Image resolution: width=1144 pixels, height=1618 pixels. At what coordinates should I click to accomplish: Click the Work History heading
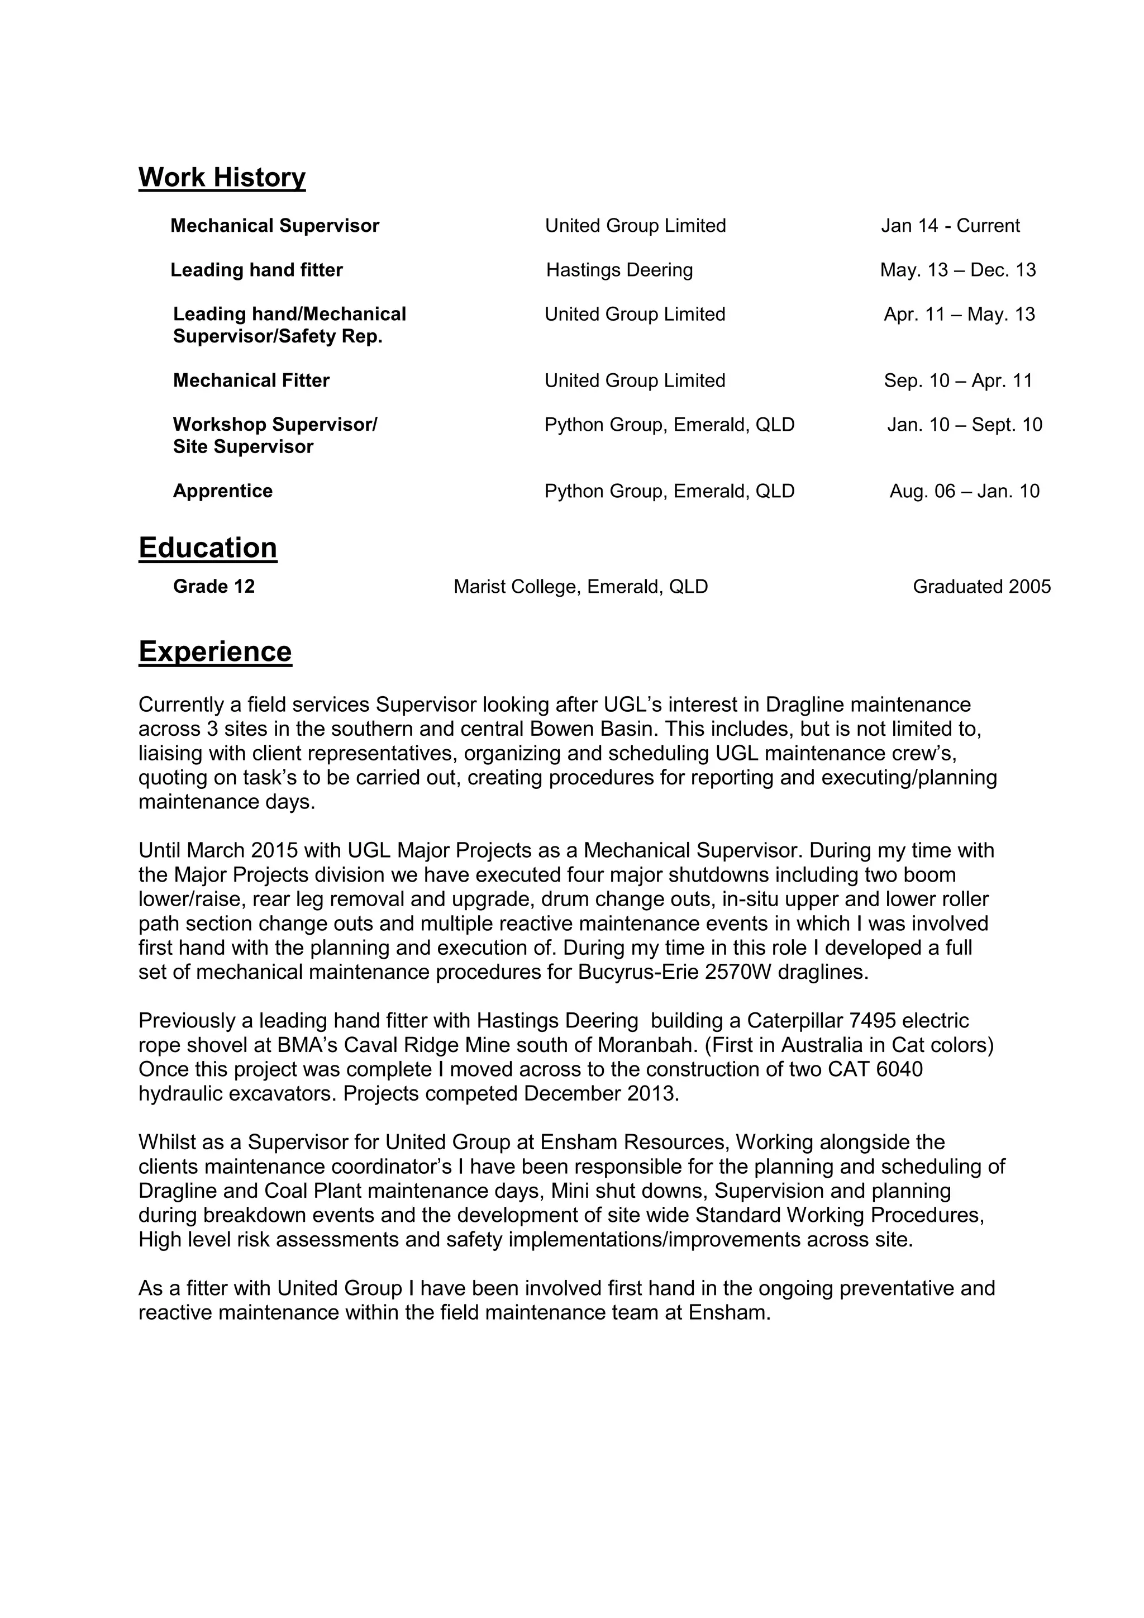(222, 177)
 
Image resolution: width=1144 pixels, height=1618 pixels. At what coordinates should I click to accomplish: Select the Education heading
(208, 548)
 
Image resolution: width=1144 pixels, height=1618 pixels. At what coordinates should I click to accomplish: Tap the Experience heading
(215, 651)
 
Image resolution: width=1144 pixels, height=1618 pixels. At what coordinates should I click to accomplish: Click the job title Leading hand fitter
(256, 270)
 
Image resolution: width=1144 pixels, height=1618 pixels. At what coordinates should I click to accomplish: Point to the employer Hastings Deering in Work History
(619, 270)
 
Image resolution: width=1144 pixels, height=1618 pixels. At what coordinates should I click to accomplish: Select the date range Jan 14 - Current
(950, 226)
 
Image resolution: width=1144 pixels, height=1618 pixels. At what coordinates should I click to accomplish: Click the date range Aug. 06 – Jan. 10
(964, 491)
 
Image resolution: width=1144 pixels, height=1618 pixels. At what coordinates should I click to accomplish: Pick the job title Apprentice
(223, 491)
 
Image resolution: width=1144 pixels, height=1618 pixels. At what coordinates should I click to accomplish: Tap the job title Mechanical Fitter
(251, 380)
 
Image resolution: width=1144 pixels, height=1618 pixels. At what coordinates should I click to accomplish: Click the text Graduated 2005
(981, 586)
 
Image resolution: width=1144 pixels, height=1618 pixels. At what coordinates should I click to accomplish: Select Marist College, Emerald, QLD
(580, 586)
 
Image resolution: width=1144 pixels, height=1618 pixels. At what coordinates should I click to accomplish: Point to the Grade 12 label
(213, 586)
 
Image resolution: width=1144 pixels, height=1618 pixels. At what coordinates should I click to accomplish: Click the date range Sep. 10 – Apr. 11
(958, 380)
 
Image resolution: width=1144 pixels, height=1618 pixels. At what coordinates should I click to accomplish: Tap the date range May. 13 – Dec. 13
(957, 270)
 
